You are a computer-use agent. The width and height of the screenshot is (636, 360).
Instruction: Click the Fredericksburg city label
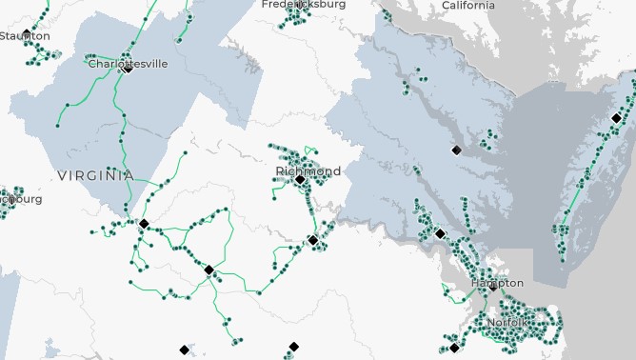coord(304,5)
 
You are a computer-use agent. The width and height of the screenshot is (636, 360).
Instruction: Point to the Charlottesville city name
coord(127,64)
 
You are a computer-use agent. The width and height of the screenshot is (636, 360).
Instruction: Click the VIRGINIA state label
coord(94,175)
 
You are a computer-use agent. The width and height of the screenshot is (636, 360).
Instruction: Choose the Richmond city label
coord(308,170)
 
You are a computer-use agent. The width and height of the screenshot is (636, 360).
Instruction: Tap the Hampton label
coord(496,283)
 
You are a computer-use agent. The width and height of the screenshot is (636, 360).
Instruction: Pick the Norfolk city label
coord(506,323)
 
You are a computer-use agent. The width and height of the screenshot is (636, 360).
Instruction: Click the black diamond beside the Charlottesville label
coord(128,68)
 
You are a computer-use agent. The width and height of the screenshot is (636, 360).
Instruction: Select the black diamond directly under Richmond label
coord(299,179)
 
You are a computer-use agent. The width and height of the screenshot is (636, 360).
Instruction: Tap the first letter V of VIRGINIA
coord(62,175)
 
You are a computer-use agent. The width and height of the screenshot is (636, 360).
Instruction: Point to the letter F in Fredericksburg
coord(266,5)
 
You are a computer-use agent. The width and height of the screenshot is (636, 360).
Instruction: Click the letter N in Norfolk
coord(489,323)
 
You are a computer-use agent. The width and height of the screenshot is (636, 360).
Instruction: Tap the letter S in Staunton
coord(2,36)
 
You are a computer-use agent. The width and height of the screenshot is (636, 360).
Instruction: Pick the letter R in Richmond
coord(279,170)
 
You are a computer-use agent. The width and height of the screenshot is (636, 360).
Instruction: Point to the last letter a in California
coord(491,6)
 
